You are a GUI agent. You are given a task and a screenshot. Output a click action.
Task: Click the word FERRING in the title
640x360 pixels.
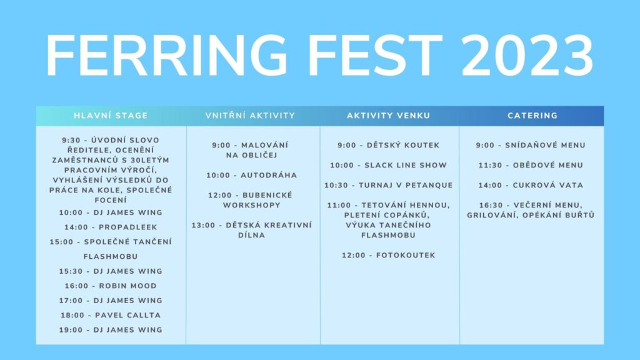tap(167, 56)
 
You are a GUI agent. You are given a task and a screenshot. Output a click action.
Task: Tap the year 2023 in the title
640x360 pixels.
tap(527, 56)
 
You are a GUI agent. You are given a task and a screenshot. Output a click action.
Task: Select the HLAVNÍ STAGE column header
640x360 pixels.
tap(111, 116)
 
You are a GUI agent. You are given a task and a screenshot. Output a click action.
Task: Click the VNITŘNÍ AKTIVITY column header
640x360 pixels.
tap(250, 116)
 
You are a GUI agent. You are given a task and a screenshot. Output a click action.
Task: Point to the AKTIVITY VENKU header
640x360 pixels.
tap(389, 116)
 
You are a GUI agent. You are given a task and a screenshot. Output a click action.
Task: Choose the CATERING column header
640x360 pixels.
tap(532, 116)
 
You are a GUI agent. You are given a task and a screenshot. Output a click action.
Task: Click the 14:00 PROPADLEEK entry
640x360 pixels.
tap(111, 227)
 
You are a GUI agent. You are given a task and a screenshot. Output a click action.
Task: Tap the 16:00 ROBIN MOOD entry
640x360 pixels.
tap(111, 286)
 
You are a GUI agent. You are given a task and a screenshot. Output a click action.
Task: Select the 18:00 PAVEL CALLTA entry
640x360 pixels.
tap(111, 315)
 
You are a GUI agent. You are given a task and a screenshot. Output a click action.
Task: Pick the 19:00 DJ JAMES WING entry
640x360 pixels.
tap(111, 330)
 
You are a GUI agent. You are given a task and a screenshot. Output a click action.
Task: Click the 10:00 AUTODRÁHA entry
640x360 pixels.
tap(252, 175)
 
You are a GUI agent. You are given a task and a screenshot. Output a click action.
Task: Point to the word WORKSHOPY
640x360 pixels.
tap(252, 205)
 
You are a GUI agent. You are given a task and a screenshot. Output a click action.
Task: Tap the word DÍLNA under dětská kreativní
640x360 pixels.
tap(252, 235)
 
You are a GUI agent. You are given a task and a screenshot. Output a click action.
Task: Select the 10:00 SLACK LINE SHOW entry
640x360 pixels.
tap(389, 165)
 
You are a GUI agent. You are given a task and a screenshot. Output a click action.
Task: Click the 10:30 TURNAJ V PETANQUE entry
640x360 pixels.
tap(389, 185)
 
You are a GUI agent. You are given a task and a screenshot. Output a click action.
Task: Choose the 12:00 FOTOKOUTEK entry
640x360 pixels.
tap(389, 255)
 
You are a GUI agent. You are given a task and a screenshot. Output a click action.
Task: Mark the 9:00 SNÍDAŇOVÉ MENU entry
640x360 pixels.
tap(531, 145)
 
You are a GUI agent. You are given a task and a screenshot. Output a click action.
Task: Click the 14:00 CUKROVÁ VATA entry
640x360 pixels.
tap(531, 185)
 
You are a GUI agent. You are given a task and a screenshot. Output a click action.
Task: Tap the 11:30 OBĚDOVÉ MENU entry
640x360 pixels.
tap(531, 165)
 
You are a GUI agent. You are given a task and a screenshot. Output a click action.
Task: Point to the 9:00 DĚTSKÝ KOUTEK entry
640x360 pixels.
tap(389, 145)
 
